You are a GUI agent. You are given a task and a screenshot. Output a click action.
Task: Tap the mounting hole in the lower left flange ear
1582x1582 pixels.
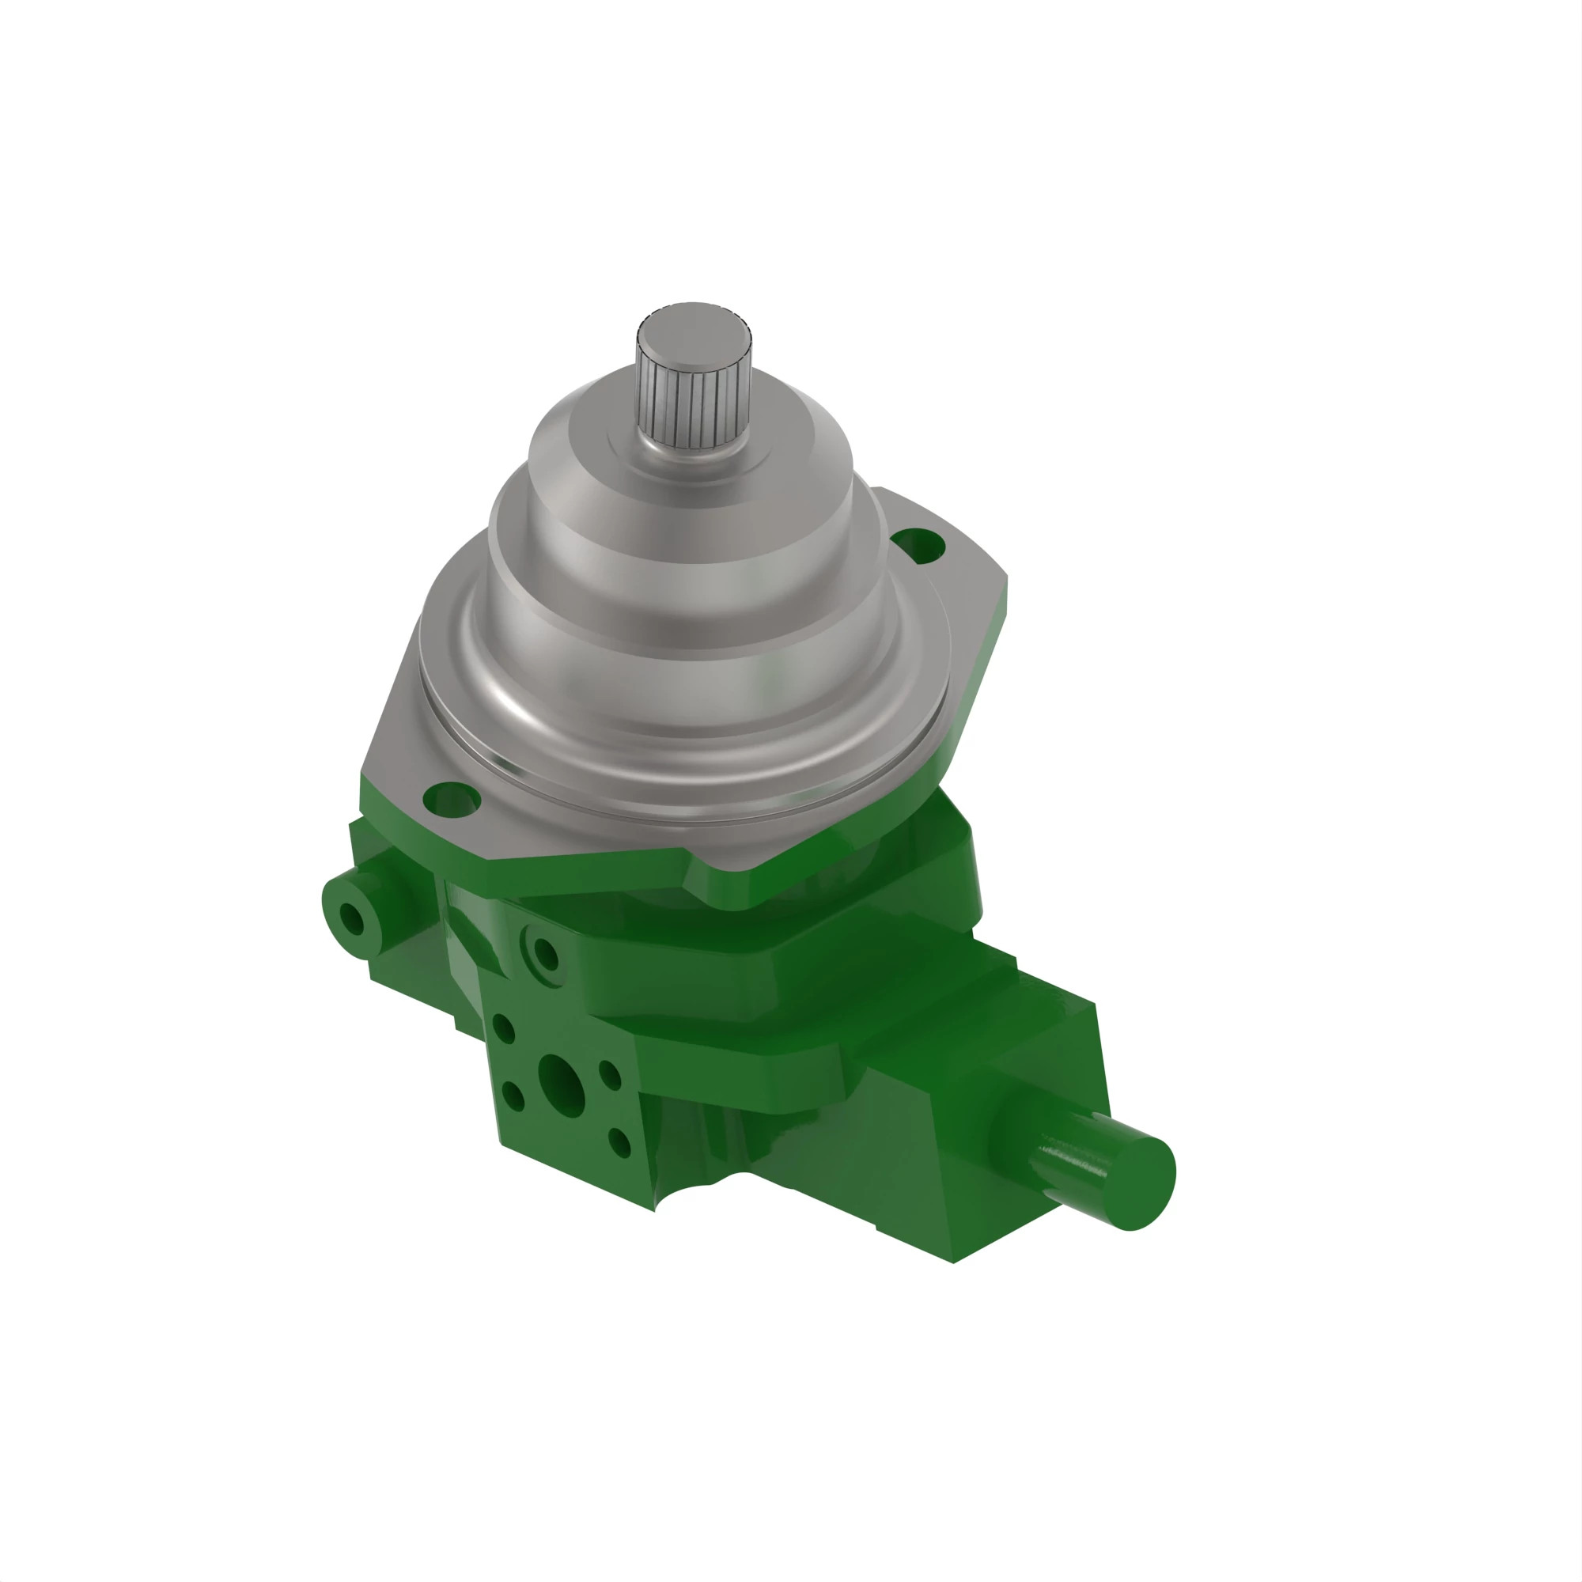point(450,798)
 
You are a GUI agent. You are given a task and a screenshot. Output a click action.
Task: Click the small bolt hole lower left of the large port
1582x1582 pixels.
point(513,1096)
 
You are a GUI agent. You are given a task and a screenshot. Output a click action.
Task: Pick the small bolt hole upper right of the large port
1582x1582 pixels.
point(609,1073)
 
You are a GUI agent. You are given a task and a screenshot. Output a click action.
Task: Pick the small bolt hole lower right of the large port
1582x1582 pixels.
point(620,1141)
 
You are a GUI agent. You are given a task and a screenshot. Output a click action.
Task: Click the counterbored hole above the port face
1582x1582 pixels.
point(544,954)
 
